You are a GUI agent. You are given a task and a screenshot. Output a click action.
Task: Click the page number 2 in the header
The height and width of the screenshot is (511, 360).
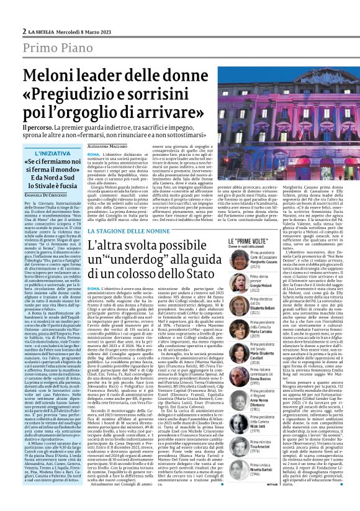click(x=24, y=31)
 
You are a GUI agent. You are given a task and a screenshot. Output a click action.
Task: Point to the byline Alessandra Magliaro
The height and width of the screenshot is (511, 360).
click(x=107, y=145)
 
